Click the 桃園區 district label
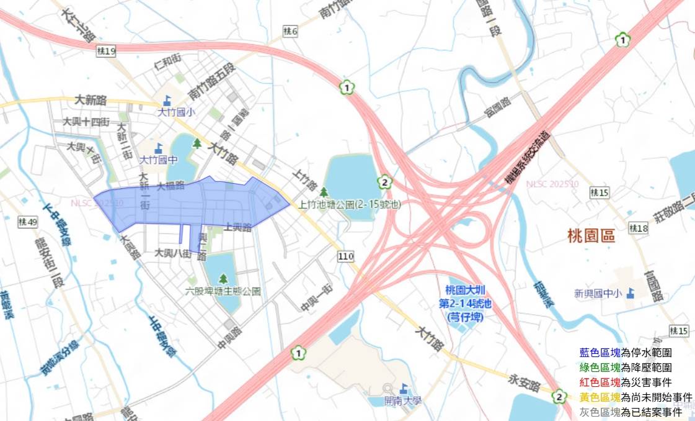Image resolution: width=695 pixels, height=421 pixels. tap(590, 236)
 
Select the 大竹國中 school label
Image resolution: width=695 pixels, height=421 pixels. tap(159, 160)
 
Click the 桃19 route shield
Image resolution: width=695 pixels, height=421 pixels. tap(107, 52)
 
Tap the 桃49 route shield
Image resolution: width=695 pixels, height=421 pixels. tap(29, 222)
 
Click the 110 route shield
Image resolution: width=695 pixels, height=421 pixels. tap(345, 255)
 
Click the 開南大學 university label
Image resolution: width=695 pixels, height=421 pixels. tap(402, 401)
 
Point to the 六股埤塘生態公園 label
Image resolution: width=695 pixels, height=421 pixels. tap(223, 291)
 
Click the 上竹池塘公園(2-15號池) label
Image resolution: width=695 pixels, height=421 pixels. tap(349, 204)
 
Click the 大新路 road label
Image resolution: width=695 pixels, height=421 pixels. tap(91, 99)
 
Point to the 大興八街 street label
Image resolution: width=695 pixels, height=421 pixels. tap(173, 253)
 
